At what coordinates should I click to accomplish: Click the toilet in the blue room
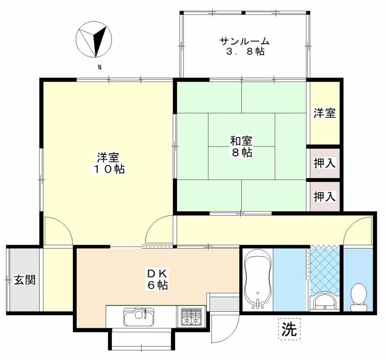(358, 297)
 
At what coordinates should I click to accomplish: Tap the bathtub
(258, 279)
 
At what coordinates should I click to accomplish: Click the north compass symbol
(94, 40)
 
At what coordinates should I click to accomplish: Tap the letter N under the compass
(100, 67)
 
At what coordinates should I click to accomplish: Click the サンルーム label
(245, 41)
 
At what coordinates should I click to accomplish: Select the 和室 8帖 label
(241, 147)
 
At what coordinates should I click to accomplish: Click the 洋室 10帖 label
(108, 163)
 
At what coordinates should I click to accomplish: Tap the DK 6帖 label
(158, 279)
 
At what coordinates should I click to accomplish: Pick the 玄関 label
(25, 280)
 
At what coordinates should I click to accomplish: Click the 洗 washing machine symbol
(289, 329)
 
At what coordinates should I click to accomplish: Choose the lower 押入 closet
(325, 196)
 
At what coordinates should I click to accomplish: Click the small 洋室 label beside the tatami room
(325, 113)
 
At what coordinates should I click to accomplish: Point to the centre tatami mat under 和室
(242, 146)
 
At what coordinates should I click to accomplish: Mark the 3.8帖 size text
(246, 52)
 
